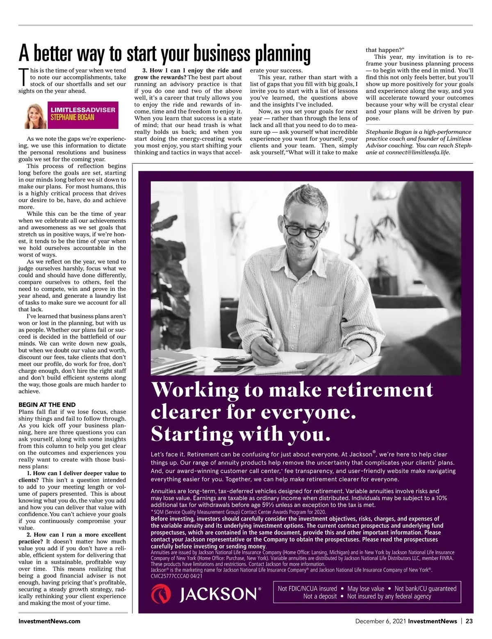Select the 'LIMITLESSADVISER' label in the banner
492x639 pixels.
coord(83,110)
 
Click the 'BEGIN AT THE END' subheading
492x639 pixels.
coord(47,405)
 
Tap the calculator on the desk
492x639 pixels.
coord(234,359)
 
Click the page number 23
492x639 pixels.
coord(469,621)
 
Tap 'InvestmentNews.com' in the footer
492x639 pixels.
coord(49,621)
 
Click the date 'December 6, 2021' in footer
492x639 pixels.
coord(380,621)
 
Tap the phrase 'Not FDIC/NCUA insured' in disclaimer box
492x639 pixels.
coord(307,589)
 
